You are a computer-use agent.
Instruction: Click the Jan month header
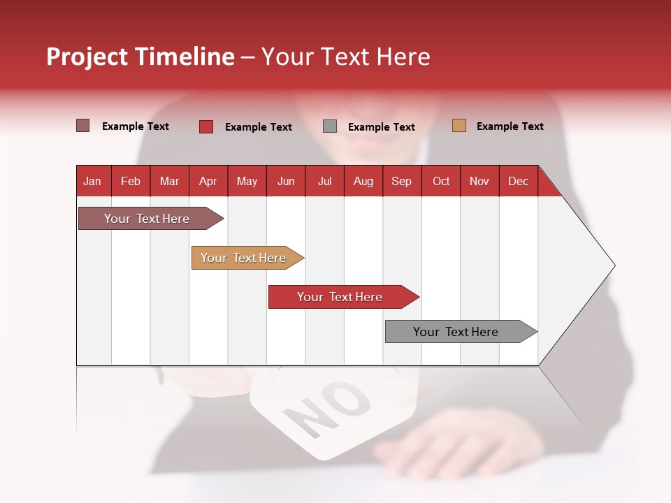[x=92, y=181]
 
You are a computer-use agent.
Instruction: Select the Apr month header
[x=208, y=181]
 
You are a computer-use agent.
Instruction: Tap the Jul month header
[x=324, y=181]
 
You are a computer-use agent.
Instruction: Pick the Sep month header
[x=401, y=181]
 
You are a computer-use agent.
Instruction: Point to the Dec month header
[x=518, y=181]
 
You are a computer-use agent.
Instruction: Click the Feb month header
[x=131, y=181]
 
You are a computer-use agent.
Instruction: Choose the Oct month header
[x=441, y=181]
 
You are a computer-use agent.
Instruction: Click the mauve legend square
[x=82, y=126]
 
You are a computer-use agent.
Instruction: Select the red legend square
[x=205, y=126]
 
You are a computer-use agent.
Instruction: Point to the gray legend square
[x=330, y=126]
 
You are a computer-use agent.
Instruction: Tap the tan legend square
[x=459, y=126]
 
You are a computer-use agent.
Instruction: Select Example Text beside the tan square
[x=510, y=126]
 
